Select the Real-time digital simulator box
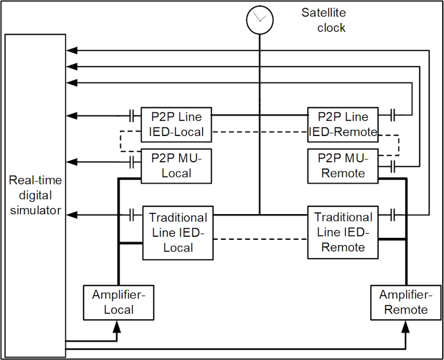[35, 195]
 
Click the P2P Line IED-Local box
[176, 124]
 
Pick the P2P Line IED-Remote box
[342, 124]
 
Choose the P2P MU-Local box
[176, 165]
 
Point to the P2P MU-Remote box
[342, 165]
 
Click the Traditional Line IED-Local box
[178, 232]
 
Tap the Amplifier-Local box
[118, 302]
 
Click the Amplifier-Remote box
[404, 302]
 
